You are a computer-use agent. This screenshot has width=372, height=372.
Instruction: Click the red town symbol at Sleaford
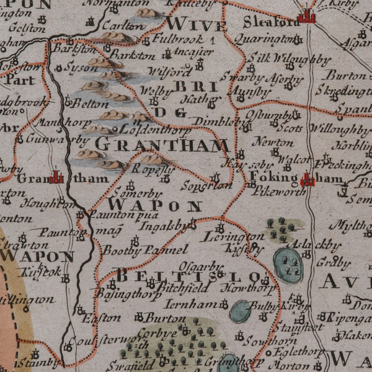point(306,16)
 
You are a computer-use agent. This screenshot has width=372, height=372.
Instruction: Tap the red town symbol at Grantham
point(57,178)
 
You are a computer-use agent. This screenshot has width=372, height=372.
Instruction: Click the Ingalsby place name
point(163,226)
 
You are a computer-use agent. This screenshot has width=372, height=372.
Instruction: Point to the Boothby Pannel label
point(144,250)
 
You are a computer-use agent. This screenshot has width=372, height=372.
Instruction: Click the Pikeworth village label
point(270,192)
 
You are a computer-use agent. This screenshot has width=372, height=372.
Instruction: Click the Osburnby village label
point(268,115)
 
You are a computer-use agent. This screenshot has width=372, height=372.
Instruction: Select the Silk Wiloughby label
point(290,60)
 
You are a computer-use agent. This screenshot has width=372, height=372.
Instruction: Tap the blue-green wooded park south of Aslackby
point(288,265)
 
